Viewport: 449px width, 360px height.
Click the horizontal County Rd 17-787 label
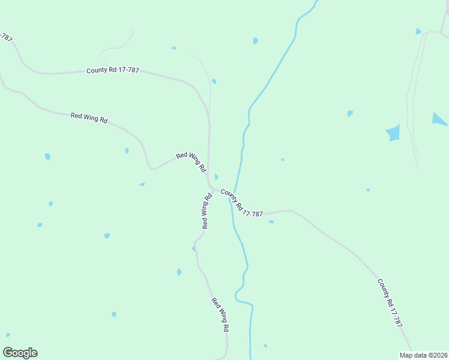113,70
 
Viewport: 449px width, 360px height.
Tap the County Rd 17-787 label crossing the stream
241,203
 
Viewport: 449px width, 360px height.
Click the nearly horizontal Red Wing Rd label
89,118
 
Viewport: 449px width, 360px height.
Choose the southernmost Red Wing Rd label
220,315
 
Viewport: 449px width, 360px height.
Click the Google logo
20,353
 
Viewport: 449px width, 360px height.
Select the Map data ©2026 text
423,355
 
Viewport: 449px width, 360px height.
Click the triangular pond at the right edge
439,119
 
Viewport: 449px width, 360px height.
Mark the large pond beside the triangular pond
393,133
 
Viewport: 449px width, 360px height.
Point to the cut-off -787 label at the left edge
5,37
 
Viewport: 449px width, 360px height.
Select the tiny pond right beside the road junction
216,176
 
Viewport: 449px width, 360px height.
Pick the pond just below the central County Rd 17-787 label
271,222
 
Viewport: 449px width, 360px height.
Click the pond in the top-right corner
418,31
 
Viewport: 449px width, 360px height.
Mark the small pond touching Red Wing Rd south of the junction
194,248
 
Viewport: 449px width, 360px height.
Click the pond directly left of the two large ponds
349,113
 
